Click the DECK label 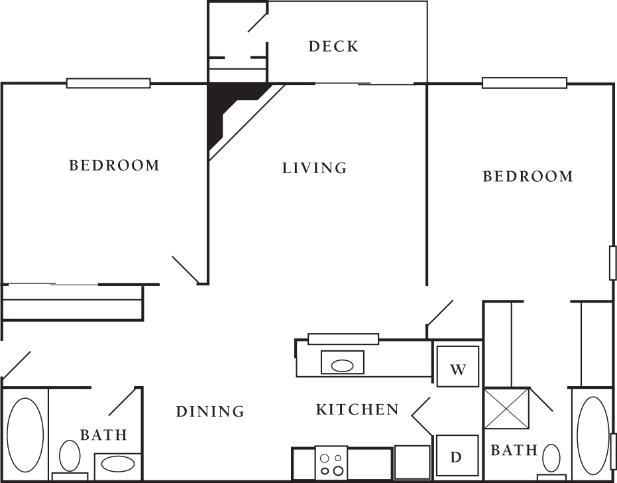pyautogui.click(x=333, y=46)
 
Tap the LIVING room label pyautogui.click(x=315, y=169)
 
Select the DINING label pyautogui.click(x=210, y=412)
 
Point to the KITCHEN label pyautogui.click(x=357, y=410)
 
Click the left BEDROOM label pyautogui.click(x=115, y=165)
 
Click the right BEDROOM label pyautogui.click(x=528, y=176)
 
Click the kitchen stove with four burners pyautogui.click(x=331, y=463)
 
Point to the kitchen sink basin pyautogui.click(x=343, y=364)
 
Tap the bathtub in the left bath pyautogui.click(x=25, y=435)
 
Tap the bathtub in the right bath pyautogui.click(x=593, y=435)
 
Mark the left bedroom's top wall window pyautogui.click(x=108, y=84)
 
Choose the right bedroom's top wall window pyautogui.click(x=524, y=83)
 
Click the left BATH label pyautogui.click(x=103, y=435)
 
